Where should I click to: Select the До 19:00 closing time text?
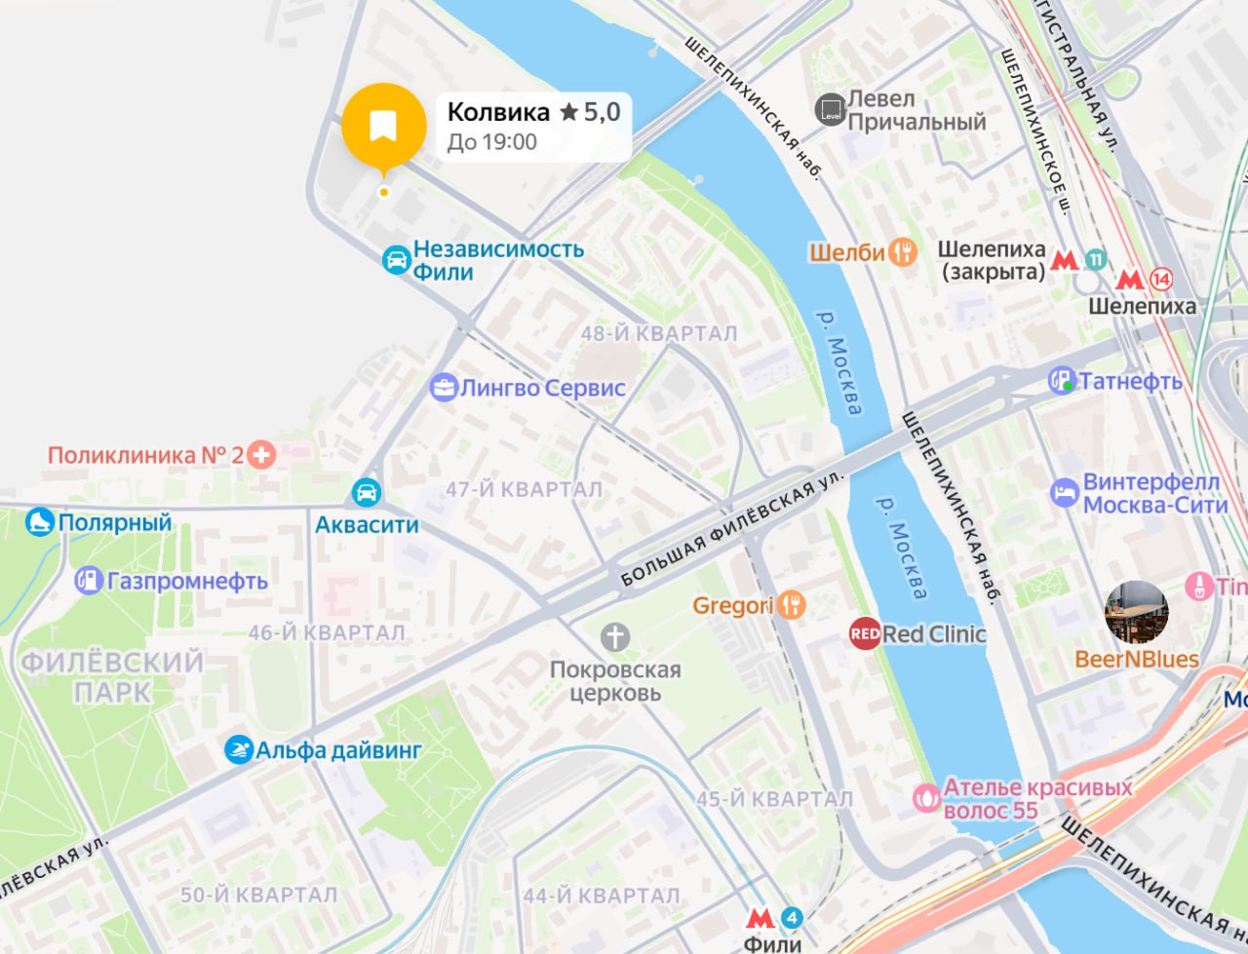[x=491, y=142]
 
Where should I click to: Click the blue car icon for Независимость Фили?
[x=396, y=259]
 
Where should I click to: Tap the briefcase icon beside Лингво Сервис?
[x=444, y=388]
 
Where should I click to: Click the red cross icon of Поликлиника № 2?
[x=260, y=454]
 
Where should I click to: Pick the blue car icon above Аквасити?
[x=367, y=491]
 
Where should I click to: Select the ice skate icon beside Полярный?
[x=39, y=522]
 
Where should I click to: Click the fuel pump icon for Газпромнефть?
[x=89, y=581]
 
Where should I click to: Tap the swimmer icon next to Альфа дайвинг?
[x=238, y=750]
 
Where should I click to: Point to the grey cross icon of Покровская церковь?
[x=614, y=638]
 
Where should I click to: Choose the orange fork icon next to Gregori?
[x=792, y=606]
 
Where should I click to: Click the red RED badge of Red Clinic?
[x=865, y=634]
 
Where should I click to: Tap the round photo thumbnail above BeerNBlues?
[x=1136, y=613]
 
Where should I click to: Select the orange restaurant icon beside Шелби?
[x=904, y=252]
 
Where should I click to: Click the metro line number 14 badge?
[x=1160, y=279]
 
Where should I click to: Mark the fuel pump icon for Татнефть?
[x=1062, y=381]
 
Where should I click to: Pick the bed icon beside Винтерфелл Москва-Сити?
[x=1065, y=493]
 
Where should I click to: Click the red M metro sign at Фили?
[x=760, y=918]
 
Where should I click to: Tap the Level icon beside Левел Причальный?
[x=831, y=110]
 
